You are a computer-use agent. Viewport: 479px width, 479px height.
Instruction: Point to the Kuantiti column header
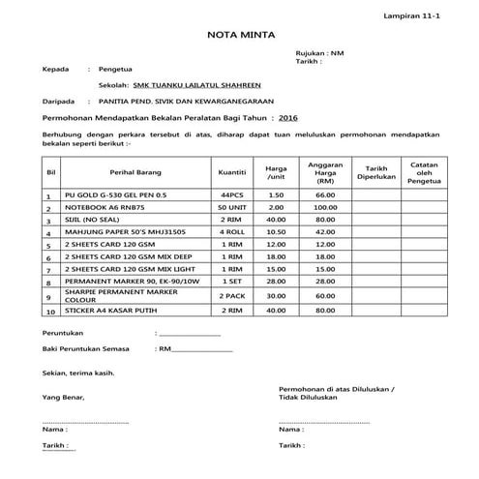[232, 171]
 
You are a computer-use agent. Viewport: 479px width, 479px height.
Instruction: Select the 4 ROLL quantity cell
[232, 233]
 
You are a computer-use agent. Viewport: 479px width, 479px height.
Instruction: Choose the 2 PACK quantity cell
[232, 294]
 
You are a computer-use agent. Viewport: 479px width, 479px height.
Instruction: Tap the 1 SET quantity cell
[232, 279]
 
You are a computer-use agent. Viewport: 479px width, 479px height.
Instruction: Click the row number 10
[48, 312]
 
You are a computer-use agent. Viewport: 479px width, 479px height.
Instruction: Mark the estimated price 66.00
[325, 195]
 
